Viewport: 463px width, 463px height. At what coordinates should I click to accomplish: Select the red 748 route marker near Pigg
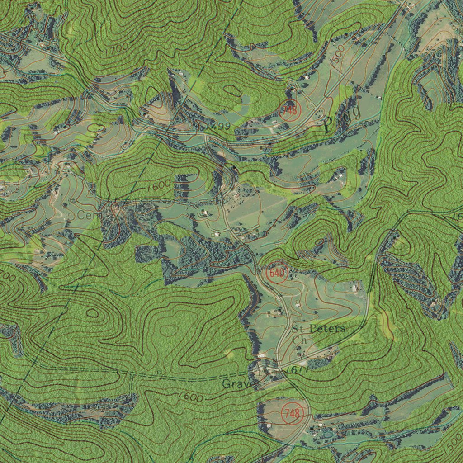click(x=288, y=110)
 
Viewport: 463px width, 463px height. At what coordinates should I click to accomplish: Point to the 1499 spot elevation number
click(x=219, y=126)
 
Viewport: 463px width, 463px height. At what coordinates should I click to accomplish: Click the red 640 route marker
click(x=277, y=273)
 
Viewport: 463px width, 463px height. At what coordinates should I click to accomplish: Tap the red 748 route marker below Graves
click(x=292, y=412)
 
